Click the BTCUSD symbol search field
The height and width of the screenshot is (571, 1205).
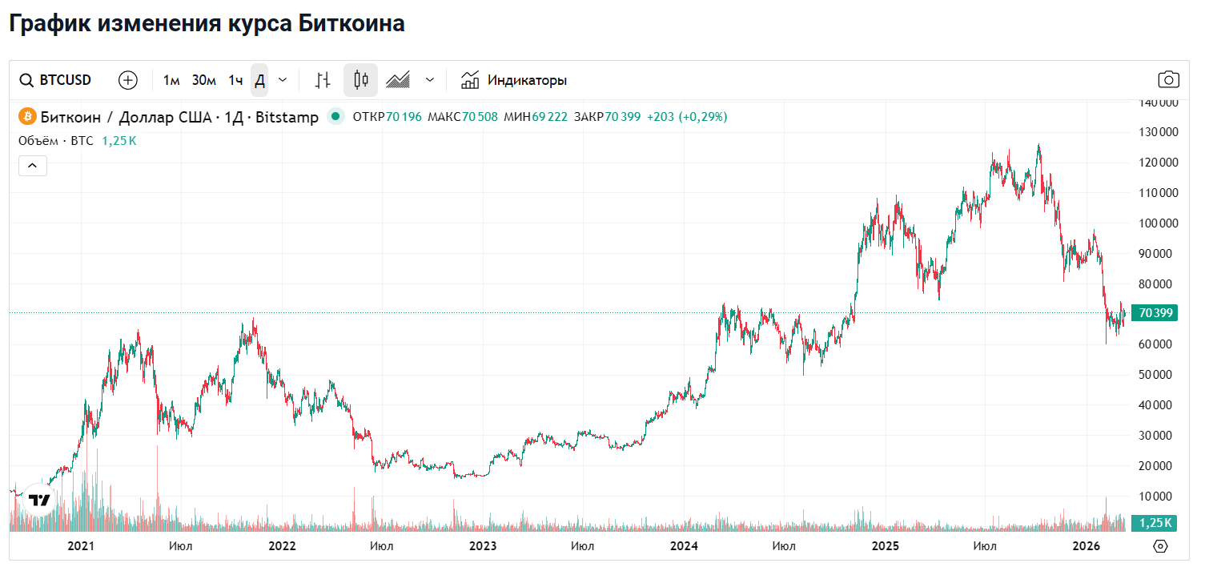56,80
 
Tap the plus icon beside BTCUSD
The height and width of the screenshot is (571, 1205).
128,80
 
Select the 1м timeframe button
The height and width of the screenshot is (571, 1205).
171,80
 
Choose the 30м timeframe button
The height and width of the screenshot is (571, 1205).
204,80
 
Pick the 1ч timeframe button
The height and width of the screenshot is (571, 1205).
235,80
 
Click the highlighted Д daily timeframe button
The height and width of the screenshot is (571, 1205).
259,80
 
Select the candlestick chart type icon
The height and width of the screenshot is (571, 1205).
360,80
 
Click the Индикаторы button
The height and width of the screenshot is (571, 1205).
514,80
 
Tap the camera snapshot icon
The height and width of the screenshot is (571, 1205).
1168,80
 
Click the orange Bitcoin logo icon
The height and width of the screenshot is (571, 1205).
26,117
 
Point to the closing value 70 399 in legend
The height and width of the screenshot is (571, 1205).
623,117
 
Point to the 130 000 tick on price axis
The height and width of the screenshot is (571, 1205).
1157,132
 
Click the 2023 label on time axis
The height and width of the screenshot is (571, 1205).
482,546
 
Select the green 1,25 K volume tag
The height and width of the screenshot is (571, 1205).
1155,523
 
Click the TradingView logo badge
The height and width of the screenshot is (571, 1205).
39,501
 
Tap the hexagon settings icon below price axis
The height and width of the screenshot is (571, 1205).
1161,546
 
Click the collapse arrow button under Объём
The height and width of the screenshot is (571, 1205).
33,166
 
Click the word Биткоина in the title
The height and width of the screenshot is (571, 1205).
351,23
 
